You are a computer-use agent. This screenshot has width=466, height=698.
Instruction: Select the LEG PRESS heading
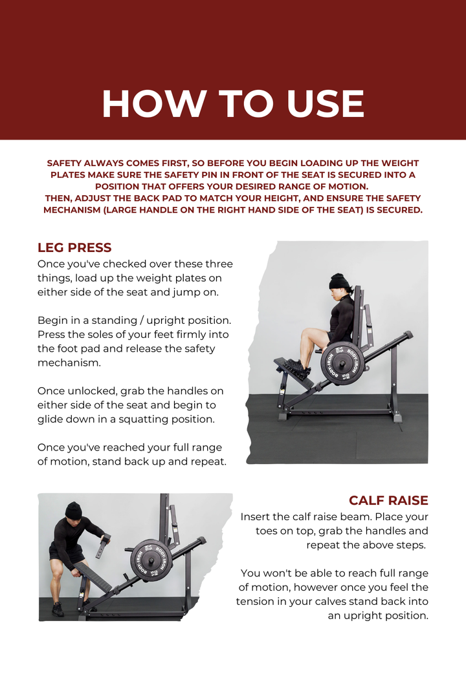coord(74,248)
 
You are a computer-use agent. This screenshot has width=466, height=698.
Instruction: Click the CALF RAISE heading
coord(388,500)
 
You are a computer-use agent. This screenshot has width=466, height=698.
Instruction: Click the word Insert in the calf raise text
coord(256,517)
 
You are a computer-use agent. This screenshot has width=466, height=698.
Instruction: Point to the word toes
coord(269,531)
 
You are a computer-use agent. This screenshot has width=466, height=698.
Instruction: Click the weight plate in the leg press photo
coord(342,362)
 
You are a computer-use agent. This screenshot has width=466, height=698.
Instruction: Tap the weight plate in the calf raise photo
coord(151,560)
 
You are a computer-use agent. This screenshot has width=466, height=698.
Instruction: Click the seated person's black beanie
coord(338,282)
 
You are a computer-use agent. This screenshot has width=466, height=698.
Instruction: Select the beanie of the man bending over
coord(73,511)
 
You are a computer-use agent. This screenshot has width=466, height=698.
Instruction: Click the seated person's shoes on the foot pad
coord(297,366)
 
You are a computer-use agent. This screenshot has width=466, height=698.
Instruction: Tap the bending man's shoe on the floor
coord(58,609)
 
